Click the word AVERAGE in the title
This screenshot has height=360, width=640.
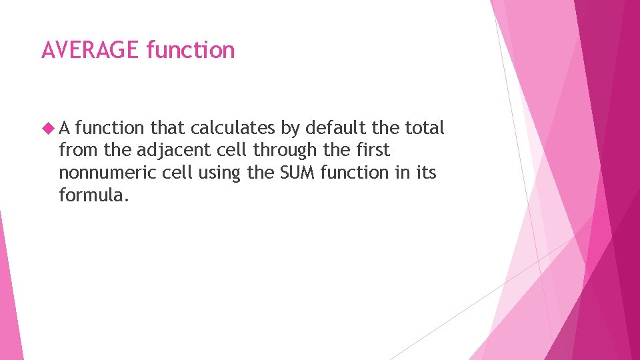click(x=91, y=50)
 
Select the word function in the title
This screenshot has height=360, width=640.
click(x=191, y=50)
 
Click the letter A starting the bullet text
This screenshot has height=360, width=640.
click(x=65, y=128)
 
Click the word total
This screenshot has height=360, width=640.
click(x=425, y=128)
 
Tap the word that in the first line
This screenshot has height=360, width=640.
click(x=168, y=128)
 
